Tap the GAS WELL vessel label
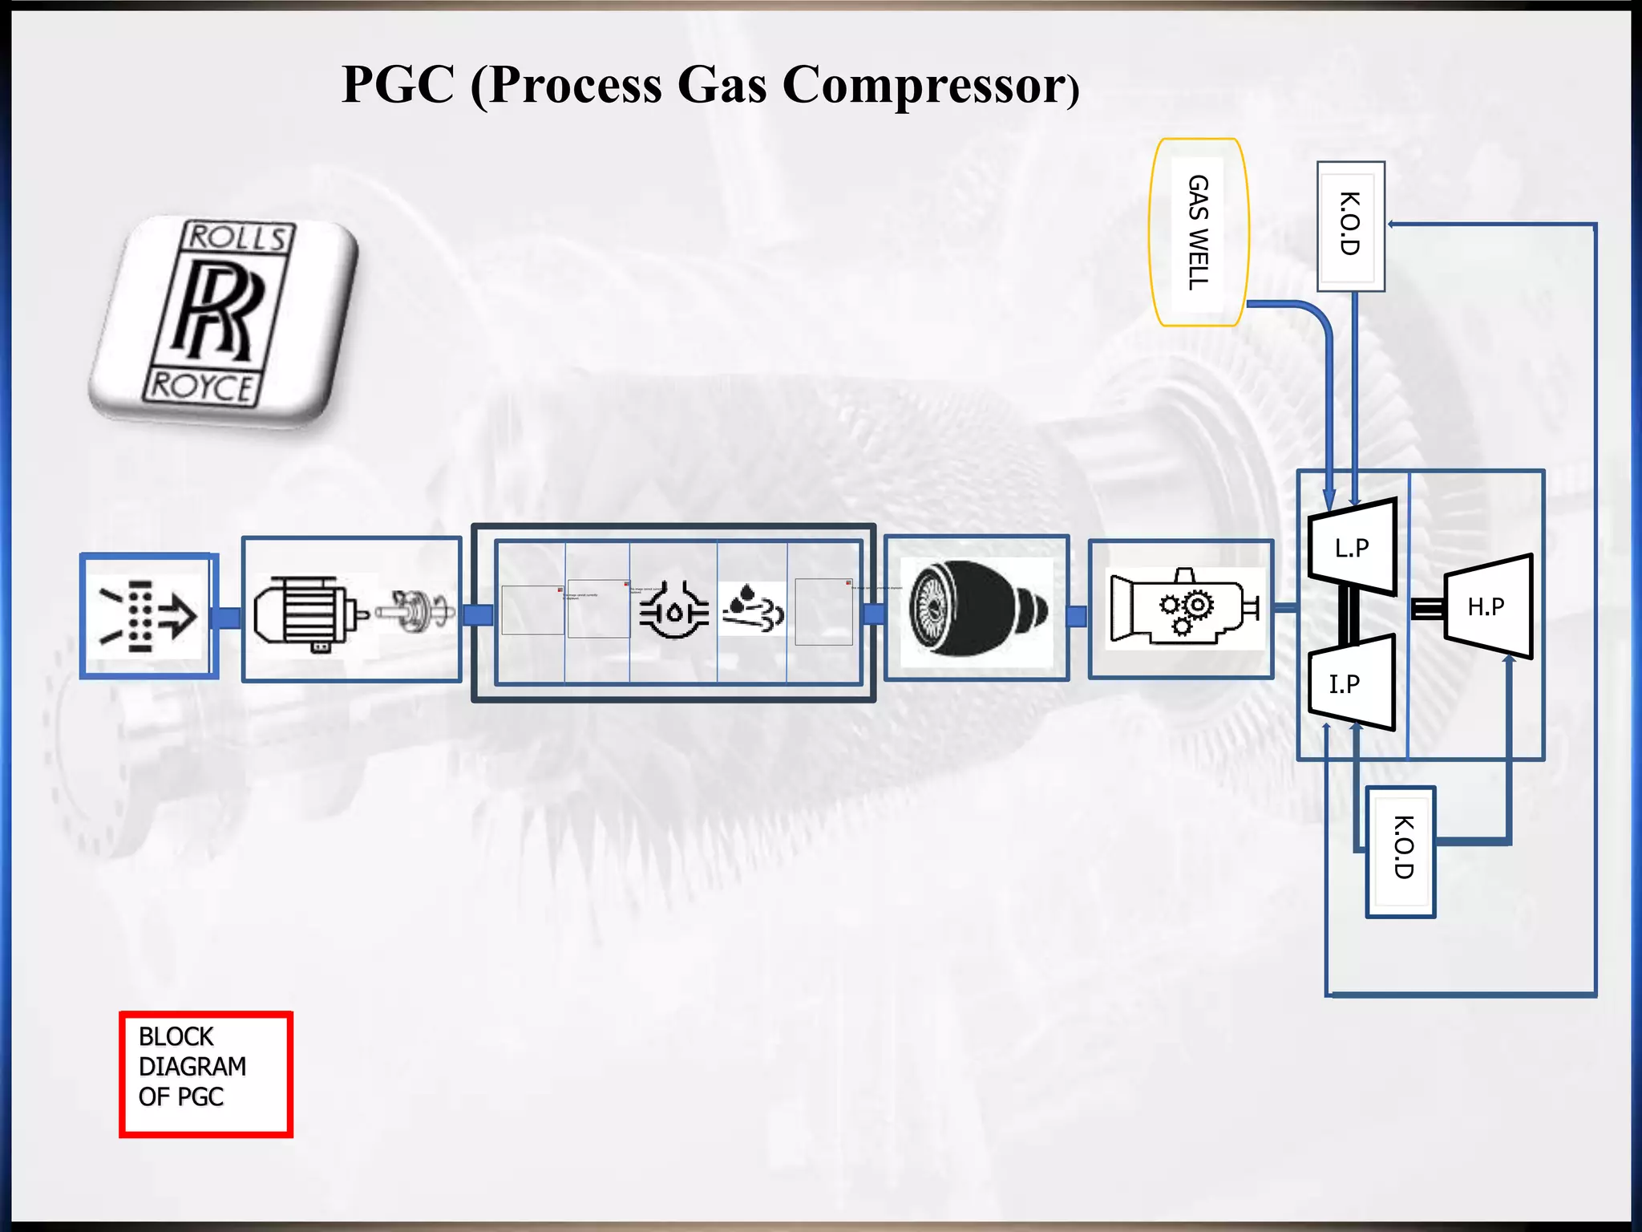(1198, 232)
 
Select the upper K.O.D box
(1350, 225)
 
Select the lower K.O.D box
(1401, 850)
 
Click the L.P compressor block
(1352, 547)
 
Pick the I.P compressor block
(1350, 683)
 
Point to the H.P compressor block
(1489, 606)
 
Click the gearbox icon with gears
(1185, 607)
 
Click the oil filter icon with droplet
(673, 612)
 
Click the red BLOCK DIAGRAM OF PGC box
(206, 1073)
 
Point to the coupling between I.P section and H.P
(1426, 609)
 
